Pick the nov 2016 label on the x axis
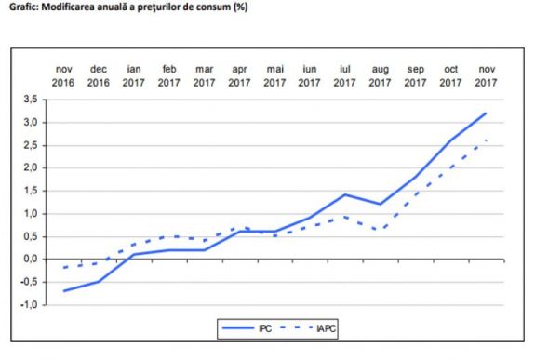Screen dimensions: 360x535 point(64,75)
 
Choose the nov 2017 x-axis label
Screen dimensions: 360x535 point(486,75)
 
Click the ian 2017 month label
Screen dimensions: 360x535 point(134,75)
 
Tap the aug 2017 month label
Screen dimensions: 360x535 point(380,75)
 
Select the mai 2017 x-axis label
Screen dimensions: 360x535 point(274,75)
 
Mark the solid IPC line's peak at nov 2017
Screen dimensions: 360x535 point(486,113)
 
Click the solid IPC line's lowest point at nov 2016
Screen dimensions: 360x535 point(64,290)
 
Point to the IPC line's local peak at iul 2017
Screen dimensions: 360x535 point(345,194)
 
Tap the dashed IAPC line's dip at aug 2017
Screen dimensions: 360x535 point(380,230)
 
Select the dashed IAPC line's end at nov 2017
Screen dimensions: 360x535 point(486,140)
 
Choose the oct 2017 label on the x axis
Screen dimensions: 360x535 point(450,75)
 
